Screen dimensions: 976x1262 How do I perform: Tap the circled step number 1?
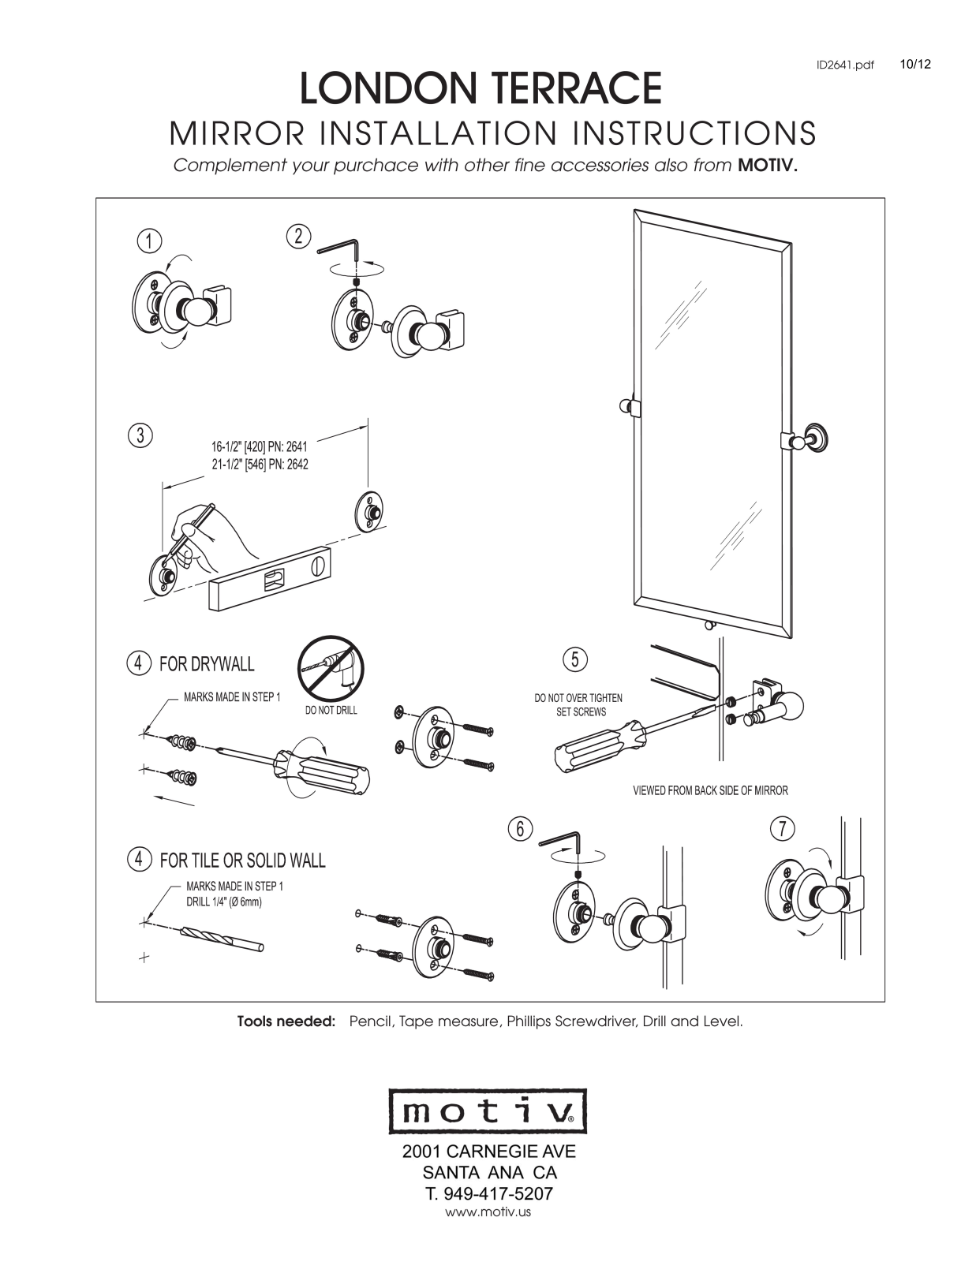tap(149, 241)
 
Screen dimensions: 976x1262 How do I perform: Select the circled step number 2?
tap(298, 237)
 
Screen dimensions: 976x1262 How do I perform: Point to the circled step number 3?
tap(140, 435)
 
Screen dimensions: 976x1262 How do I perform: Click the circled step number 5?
tap(575, 659)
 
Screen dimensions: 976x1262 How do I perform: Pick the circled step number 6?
tap(520, 829)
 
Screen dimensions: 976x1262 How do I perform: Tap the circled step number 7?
tap(783, 828)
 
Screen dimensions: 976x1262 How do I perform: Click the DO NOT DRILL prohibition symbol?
tap(331, 668)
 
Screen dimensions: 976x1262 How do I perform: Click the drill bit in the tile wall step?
tap(222, 939)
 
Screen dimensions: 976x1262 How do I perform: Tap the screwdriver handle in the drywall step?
tap(323, 770)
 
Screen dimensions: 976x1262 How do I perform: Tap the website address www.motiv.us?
tap(488, 1212)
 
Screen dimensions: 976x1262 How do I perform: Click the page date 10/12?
tap(915, 65)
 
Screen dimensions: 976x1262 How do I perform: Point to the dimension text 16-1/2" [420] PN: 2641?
tap(259, 446)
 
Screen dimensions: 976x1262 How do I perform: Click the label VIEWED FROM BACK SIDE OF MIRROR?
tap(711, 790)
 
